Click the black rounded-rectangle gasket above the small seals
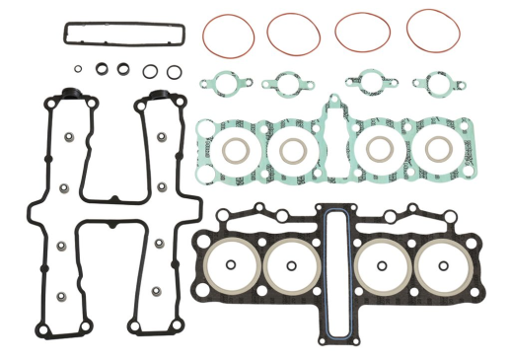click(x=124, y=34)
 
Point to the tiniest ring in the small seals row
click(x=77, y=69)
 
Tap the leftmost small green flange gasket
click(x=220, y=85)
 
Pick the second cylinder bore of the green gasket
click(x=293, y=150)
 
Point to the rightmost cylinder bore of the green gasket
click(x=437, y=150)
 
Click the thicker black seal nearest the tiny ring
click(x=101, y=69)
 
